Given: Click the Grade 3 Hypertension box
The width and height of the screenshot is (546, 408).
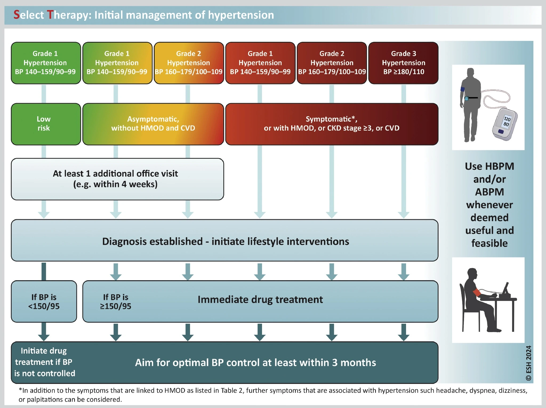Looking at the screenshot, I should click(x=403, y=63).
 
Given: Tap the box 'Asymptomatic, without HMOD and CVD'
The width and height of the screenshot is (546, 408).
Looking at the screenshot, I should click(x=153, y=124).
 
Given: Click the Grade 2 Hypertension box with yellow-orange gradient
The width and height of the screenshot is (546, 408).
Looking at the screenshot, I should click(x=188, y=63).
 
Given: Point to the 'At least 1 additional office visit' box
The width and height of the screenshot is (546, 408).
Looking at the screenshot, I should click(x=117, y=179).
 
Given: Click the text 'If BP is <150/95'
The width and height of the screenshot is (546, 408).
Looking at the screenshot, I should click(x=44, y=301).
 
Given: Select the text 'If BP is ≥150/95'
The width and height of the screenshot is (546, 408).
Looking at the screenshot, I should click(x=115, y=301).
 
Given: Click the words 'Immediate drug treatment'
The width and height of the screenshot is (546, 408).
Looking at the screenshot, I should click(x=260, y=300).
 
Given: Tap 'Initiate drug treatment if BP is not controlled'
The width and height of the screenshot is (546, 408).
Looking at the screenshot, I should click(x=45, y=362).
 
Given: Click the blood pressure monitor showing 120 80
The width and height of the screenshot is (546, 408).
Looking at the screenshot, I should click(x=505, y=124).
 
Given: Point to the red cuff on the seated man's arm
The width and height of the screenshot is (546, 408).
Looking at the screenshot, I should click(x=476, y=293).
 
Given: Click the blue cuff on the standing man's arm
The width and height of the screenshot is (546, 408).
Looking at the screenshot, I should click(x=463, y=89).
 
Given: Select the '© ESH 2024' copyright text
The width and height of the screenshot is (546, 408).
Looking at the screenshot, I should click(x=528, y=363).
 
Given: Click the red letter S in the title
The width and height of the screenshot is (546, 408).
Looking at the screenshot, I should click(x=17, y=15).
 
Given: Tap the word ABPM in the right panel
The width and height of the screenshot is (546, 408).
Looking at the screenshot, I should click(x=489, y=192).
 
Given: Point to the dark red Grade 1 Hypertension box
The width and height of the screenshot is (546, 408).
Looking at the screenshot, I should click(x=260, y=63).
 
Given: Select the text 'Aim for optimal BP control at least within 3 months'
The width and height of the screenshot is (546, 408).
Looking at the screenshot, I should click(x=255, y=362).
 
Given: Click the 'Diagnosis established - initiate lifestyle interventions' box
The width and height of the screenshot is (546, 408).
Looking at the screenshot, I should click(x=225, y=241).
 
